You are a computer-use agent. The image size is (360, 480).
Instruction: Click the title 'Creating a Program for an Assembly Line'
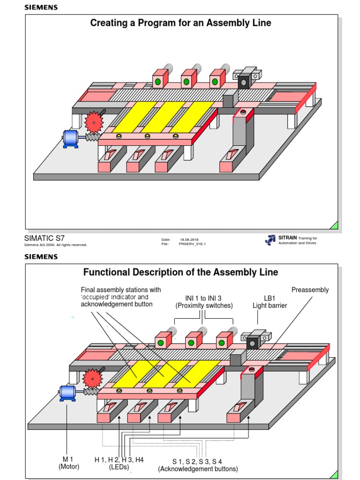tap(180, 22)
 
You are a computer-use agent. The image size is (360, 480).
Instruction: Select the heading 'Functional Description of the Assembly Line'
tap(180, 272)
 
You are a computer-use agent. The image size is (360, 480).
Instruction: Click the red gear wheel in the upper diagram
tap(94, 122)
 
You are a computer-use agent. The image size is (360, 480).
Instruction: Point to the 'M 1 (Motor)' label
tap(68, 463)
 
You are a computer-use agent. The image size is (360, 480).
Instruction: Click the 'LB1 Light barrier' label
tap(270, 301)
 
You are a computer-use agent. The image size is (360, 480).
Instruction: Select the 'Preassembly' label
tap(310, 290)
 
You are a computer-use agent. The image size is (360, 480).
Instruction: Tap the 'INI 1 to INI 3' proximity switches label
tap(204, 301)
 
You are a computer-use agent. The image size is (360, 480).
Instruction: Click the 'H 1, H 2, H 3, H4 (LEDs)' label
tap(119, 463)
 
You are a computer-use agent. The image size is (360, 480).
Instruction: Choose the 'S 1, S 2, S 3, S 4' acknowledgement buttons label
tap(197, 465)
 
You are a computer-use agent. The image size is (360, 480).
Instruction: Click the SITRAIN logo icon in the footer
tap(270, 240)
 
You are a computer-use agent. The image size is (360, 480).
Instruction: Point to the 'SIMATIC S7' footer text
tap(44, 238)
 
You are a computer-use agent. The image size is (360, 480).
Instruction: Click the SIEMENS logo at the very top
tap(41, 7)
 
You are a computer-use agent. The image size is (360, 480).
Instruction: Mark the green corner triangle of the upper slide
tap(334, 225)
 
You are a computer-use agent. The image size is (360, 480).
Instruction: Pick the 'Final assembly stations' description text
tap(120, 297)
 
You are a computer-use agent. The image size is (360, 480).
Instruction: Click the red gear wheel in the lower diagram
tap(92, 378)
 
